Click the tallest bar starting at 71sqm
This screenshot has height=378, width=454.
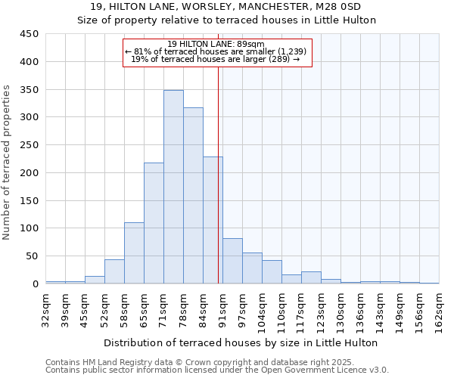(173, 187)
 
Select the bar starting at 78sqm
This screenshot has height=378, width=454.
(193, 196)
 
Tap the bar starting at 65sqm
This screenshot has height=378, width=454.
(154, 223)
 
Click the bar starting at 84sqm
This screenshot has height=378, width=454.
(213, 220)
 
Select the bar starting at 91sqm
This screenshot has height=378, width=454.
(232, 261)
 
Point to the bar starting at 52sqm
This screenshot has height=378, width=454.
(114, 271)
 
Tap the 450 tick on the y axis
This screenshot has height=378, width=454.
(30, 34)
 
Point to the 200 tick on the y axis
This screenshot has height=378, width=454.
(30, 172)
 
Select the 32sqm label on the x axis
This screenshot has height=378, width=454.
(46, 308)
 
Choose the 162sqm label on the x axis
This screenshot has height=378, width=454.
(440, 308)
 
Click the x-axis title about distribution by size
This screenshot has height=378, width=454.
(240, 342)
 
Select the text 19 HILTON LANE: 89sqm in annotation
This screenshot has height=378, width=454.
(216, 44)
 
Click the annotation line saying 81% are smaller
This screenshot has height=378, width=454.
(216, 51)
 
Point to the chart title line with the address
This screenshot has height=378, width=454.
(226, 7)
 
